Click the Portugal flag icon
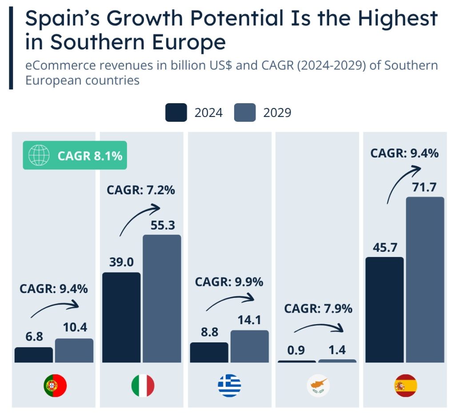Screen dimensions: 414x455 click(55, 386)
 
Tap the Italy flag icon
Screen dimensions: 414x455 click(143, 386)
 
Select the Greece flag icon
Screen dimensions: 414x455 click(229, 386)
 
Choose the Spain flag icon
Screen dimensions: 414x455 click(406, 386)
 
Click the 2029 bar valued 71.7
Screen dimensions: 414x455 click(425, 280)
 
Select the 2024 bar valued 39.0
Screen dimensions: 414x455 click(121, 318)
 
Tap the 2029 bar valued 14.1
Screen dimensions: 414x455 click(249, 346)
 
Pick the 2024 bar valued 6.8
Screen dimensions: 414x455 click(33, 355)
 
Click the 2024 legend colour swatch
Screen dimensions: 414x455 click(176, 113)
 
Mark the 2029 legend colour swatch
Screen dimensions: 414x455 click(245, 113)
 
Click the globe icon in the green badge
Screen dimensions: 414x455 click(39, 156)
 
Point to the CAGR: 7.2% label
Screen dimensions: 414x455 click(141, 190)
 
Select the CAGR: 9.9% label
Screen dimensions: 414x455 click(229, 281)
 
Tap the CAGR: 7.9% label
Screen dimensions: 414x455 click(318, 308)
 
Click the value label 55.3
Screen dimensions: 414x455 click(162, 225)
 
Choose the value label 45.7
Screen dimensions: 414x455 click(384, 247)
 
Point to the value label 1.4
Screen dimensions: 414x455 click(338, 350)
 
